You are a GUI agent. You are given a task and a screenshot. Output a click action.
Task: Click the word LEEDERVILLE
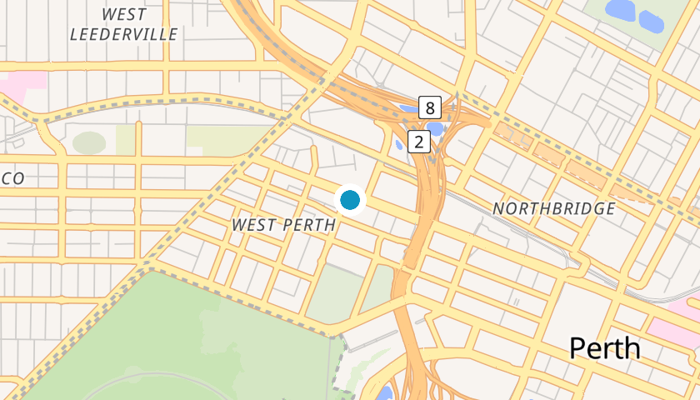(x=124, y=34)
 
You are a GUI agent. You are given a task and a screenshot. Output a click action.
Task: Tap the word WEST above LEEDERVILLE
(x=124, y=14)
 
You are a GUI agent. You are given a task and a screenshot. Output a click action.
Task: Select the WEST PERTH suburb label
(x=283, y=225)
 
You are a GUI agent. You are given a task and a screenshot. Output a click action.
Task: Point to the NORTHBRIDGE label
(x=553, y=208)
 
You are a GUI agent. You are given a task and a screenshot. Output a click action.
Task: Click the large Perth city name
(x=605, y=347)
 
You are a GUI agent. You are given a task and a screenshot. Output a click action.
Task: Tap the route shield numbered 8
(x=429, y=107)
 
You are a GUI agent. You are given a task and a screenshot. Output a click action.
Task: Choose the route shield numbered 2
(x=418, y=142)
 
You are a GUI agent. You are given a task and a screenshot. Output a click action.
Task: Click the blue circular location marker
(x=350, y=200)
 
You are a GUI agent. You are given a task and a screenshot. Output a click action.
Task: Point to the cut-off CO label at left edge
(x=12, y=178)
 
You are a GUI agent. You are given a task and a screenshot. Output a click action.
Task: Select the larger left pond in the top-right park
(x=620, y=10)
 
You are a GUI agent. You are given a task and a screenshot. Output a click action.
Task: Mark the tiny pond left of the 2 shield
(x=399, y=143)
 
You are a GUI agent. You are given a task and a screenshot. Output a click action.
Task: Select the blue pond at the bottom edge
(x=385, y=392)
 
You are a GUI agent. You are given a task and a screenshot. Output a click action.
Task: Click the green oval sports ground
(x=89, y=142)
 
